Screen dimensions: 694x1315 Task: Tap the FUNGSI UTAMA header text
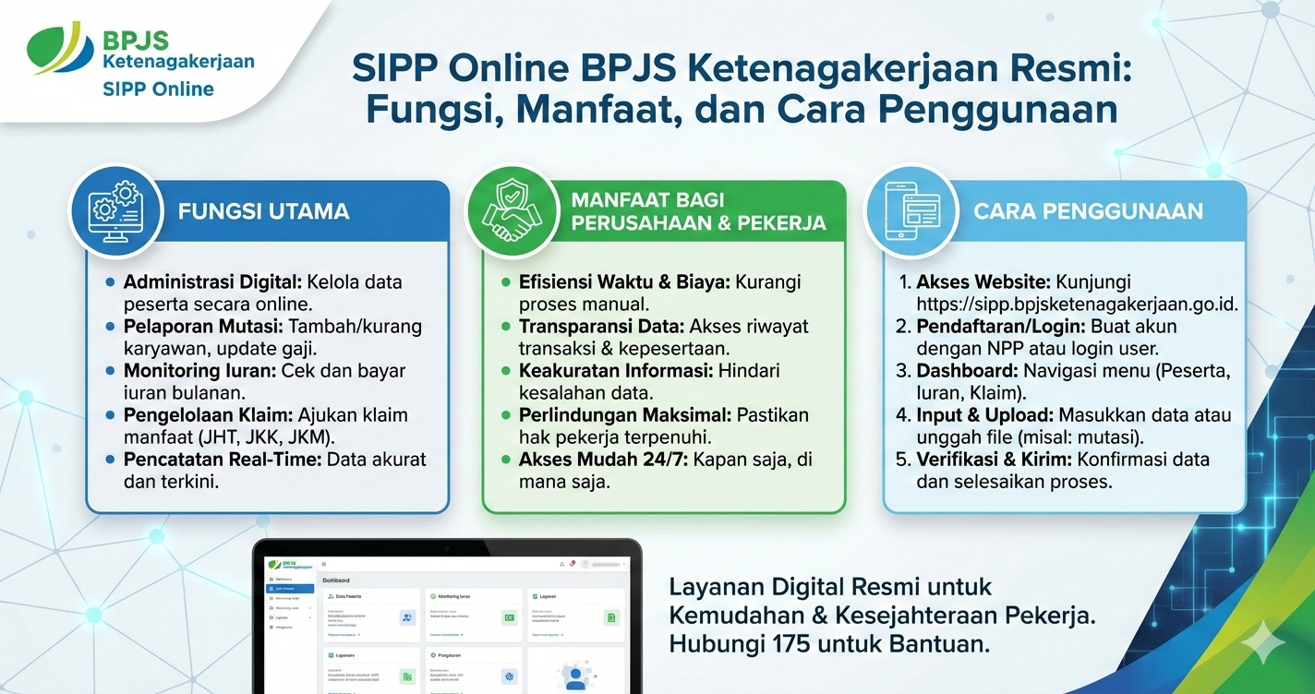point(263,211)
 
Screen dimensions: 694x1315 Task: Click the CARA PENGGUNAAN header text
point(1088,211)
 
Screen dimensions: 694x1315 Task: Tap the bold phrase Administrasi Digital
point(211,282)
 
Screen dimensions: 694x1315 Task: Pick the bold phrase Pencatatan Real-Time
point(221,460)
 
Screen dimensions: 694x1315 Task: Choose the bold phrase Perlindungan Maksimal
point(624,415)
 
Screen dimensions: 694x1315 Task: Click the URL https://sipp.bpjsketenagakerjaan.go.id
point(1077,305)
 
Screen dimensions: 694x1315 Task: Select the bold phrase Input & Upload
point(984,415)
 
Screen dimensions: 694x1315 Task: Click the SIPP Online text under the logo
point(158,90)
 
